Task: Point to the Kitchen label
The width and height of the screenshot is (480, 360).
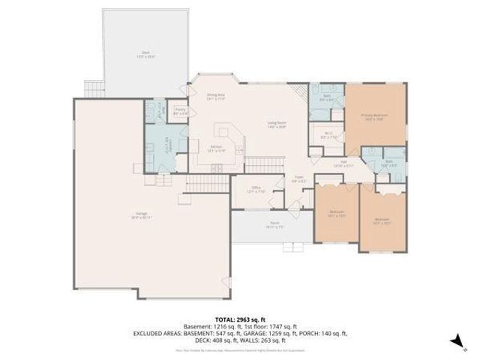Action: pos(215,147)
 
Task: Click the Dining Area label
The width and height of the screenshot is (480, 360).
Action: pos(216,96)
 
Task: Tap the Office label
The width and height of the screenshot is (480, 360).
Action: pos(256,189)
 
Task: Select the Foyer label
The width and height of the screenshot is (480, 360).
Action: pos(298,178)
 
